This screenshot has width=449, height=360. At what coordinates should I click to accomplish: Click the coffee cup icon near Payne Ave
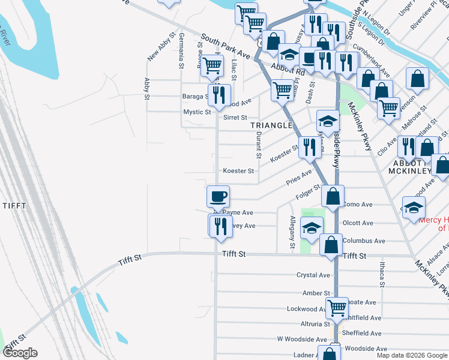point(218,196)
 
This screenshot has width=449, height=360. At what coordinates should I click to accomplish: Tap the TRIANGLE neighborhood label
point(271,125)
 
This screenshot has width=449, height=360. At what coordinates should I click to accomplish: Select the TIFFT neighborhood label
point(14,205)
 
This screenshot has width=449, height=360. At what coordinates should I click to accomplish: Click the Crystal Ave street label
point(313,275)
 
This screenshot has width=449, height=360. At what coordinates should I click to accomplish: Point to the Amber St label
point(313,293)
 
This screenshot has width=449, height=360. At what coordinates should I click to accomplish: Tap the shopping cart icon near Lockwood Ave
point(337,307)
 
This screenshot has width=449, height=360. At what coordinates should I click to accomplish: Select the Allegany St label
point(292,232)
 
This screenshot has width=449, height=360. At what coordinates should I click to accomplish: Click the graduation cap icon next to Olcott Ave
point(312,228)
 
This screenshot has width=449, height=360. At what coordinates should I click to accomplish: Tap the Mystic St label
point(197,112)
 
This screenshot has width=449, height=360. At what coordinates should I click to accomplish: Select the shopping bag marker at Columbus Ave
point(331,244)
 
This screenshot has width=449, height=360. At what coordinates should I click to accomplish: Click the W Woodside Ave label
point(297,340)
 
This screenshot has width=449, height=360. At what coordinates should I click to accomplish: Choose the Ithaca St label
point(381,273)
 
